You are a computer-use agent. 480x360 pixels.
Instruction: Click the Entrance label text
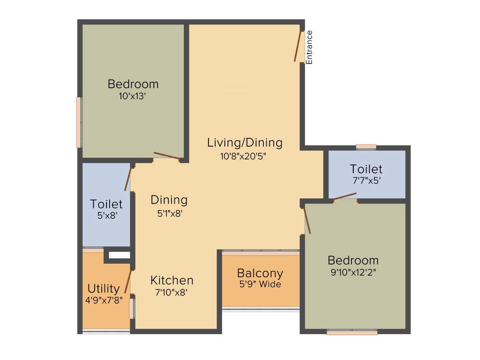pos(309,47)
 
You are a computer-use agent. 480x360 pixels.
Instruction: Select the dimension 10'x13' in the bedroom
pos(133,96)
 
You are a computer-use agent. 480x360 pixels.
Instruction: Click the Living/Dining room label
pos(245,142)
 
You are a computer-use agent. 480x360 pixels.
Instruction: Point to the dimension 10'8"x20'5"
pos(243,156)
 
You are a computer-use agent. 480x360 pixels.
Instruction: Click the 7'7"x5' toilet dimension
pos(366,180)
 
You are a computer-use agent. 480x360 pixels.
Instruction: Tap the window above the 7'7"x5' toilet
pos(366,147)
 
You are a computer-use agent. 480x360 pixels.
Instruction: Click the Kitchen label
pos(172,280)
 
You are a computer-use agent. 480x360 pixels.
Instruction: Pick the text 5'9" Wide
pos(260,284)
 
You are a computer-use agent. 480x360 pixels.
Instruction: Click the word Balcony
pos(260,273)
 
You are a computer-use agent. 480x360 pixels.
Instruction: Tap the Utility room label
pos(104,288)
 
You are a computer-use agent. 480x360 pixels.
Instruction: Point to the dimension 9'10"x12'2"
pos(352,271)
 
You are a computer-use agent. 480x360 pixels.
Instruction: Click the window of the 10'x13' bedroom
pos(79,122)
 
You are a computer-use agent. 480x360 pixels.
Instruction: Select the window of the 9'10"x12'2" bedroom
pos(352,332)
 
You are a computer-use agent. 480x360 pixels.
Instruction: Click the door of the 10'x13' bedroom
pos(166,156)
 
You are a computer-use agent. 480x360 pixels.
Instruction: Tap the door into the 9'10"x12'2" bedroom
pos(307,220)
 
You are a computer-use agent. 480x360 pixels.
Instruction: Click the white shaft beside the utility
pos(119,255)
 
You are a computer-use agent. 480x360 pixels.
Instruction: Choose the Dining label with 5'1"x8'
pos(169,200)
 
